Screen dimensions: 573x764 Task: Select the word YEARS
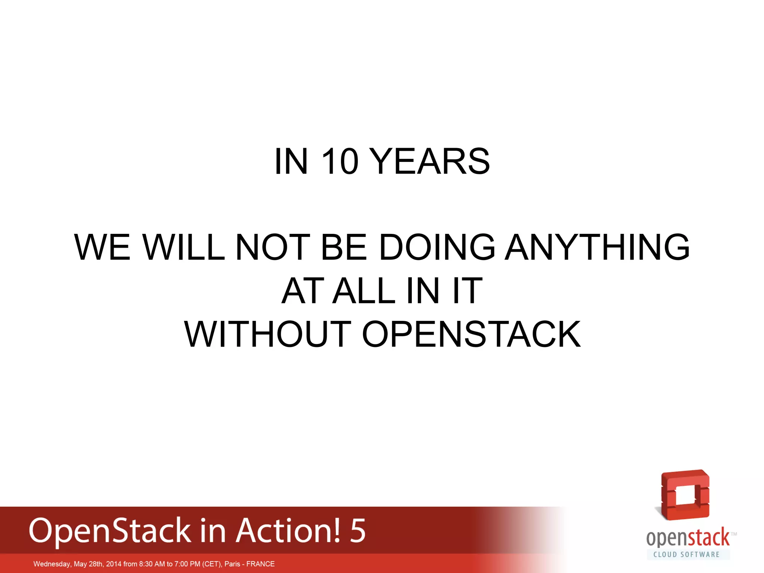click(431, 162)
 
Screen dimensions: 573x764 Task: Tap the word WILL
click(184, 247)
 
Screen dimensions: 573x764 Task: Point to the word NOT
click(273, 247)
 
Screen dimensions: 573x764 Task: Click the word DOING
click(437, 247)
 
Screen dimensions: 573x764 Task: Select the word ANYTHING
click(597, 247)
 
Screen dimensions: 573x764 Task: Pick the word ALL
click(364, 291)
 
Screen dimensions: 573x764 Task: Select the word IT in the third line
click(467, 291)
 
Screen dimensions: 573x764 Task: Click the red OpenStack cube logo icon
click(685, 495)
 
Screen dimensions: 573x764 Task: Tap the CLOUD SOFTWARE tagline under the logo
click(686, 554)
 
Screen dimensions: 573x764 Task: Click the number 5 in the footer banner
click(357, 530)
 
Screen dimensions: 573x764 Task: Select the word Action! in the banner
click(288, 530)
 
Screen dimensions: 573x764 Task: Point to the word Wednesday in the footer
click(52, 564)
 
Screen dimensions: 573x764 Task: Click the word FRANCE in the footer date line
click(260, 564)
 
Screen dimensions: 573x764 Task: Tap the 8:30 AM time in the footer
click(152, 564)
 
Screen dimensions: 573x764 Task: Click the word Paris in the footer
click(232, 564)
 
